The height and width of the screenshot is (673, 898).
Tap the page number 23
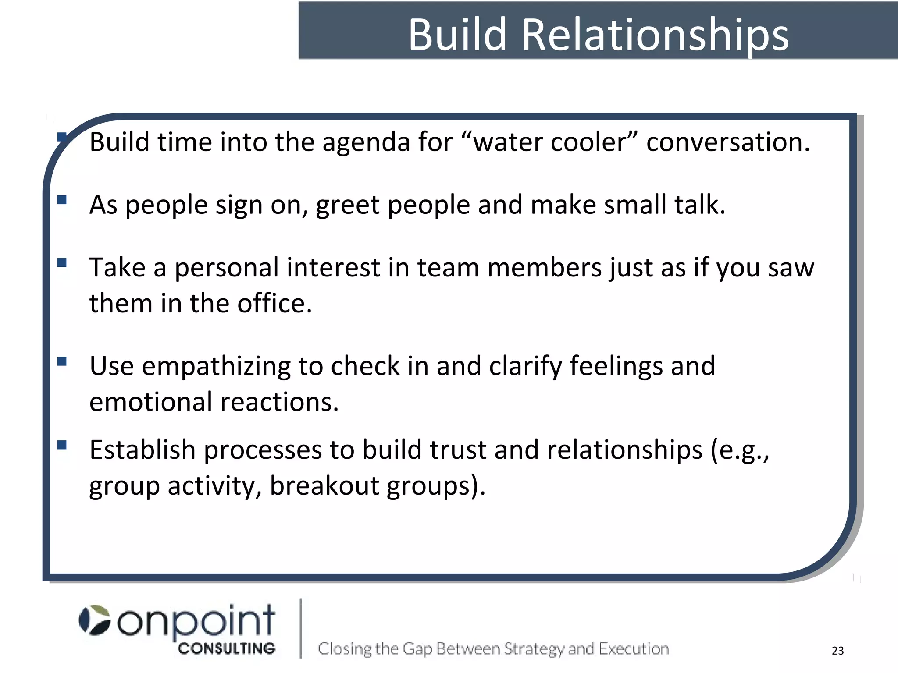(837, 651)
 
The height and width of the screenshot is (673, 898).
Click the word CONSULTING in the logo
(227, 649)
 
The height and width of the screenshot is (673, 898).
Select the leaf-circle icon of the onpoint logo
(94, 620)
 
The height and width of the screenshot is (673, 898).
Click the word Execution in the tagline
(634, 649)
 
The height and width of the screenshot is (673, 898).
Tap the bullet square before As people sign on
(62, 200)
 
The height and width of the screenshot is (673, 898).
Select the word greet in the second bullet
(347, 205)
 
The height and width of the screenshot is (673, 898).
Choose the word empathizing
(216, 366)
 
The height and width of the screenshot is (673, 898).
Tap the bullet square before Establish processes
(62, 445)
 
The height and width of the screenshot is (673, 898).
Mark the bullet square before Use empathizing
(62, 361)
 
